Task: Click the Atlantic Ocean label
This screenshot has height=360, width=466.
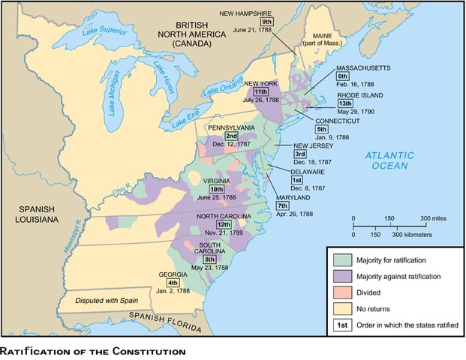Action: point(390,160)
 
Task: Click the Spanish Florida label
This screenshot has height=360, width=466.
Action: point(164,317)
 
